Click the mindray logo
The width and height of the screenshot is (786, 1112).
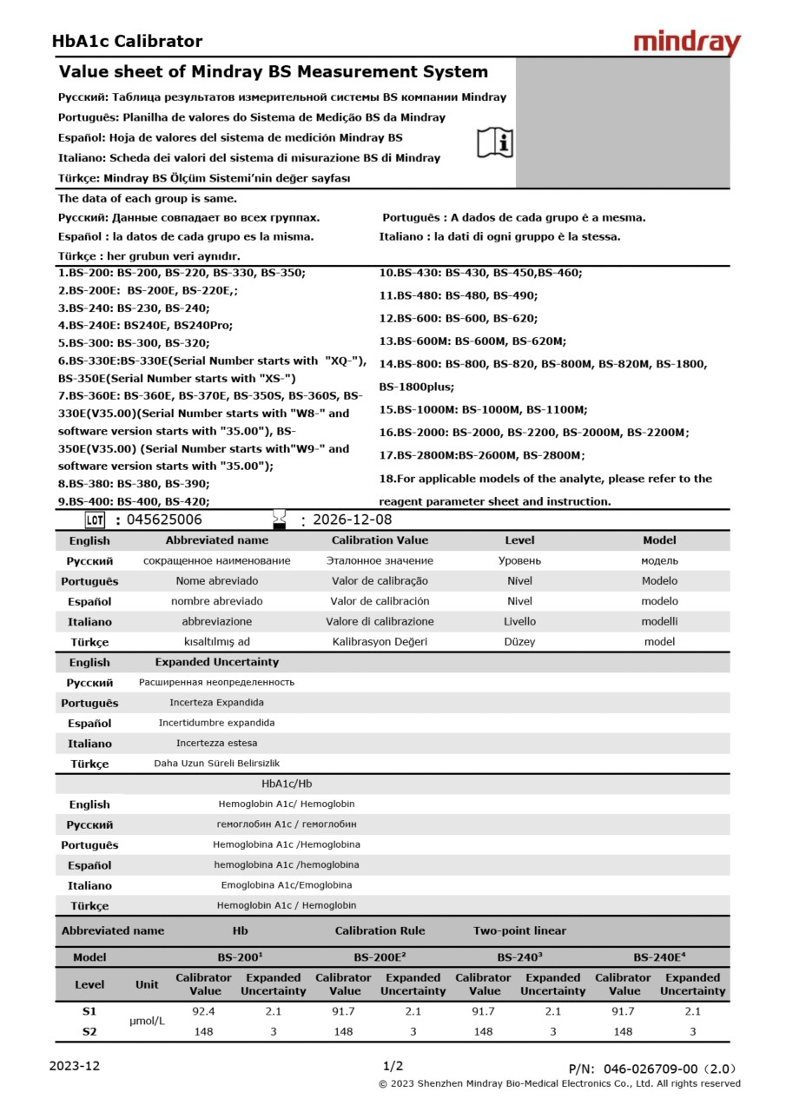(x=686, y=43)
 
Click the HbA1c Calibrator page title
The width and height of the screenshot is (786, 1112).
(x=127, y=41)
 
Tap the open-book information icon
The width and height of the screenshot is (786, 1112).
(x=495, y=142)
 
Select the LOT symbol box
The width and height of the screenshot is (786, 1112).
(x=95, y=520)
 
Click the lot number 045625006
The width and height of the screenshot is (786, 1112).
(x=164, y=520)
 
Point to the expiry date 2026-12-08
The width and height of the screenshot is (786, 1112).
(x=352, y=520)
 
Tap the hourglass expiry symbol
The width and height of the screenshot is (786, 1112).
(x=280, y=520)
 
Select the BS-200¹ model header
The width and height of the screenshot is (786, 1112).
(x=240, y=957)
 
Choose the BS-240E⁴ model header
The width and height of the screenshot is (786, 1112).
(x=658, y=957)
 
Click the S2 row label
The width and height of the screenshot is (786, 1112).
(x=89, y=1031)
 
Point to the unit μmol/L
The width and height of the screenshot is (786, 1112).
(x=147, y=1021)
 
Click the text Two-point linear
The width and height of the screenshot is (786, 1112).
(x=519, y=930)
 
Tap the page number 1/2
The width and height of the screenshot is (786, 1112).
(x=393, y=1066)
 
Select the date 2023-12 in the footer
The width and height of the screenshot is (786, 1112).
(x=74, y=1066)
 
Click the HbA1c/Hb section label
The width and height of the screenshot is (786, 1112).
(x=287, y=784)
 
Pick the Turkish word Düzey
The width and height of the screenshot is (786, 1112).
(x=519, y=642)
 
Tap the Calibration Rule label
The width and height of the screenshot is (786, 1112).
(x=380, y=930)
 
